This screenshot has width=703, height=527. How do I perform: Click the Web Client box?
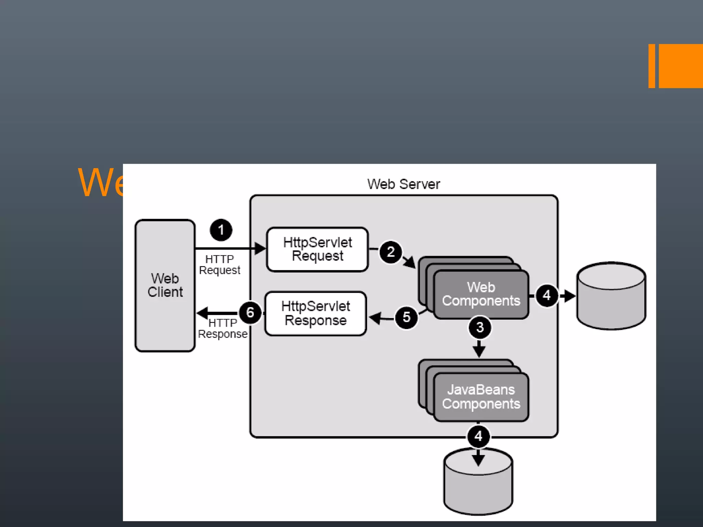[x=165, y=285]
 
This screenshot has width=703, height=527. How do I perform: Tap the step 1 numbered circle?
[x=221, y=230]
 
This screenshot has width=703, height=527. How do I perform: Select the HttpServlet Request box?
[x=318, y=249]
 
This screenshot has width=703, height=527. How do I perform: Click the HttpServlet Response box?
[x=316, y=314]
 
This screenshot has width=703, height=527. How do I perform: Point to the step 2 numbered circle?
[x=391, y=252]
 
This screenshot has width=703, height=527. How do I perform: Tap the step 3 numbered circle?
[x=480, y=327]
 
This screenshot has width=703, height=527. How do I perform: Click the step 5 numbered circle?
[x=406, y=317]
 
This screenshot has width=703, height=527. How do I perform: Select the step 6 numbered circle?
[x=250, y=313]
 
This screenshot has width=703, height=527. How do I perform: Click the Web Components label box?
[x=481, y=294]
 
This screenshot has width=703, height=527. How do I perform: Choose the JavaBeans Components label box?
[x=481, y=397]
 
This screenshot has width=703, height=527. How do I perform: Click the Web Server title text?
[x=404, y=184]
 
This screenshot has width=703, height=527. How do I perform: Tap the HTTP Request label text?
[x=220, y=265]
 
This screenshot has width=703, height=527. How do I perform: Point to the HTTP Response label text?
[x=222, y=328]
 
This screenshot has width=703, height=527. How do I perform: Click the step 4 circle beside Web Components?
[x=547, y=295]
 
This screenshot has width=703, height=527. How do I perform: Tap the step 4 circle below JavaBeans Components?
[x=479, y=436]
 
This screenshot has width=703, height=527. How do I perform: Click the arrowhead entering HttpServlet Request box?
[x=260, y=248]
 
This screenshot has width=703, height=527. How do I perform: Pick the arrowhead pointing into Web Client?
[x=203, y=313]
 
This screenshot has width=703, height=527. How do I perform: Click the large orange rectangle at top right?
[x=680, y=66]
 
